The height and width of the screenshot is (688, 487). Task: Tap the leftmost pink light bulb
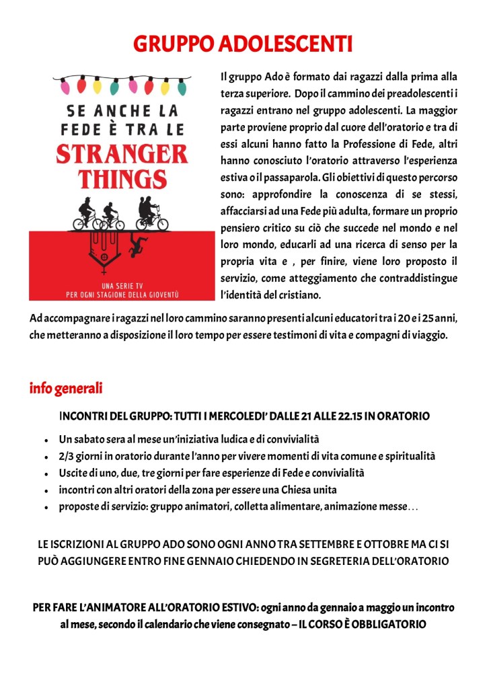coord(65,86)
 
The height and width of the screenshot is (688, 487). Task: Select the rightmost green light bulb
coord(182,87)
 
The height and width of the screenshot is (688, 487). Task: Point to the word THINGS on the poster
coord(122,179)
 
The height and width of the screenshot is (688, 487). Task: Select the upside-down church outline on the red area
coord(106,249)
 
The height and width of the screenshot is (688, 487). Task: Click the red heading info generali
coord(66,388)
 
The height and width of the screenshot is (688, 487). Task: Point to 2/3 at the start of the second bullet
coord(66,456)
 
